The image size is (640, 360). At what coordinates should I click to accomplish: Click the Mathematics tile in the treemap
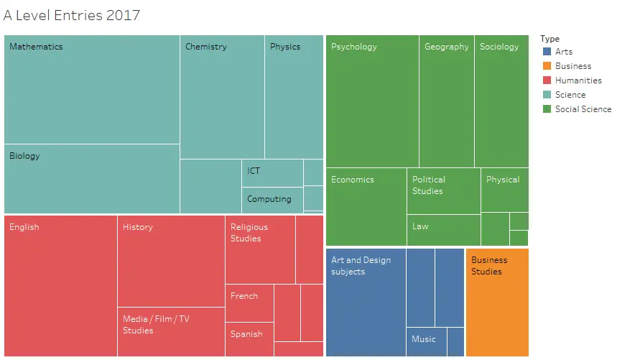[92, 90]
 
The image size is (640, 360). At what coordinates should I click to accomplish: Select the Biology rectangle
[92, 179]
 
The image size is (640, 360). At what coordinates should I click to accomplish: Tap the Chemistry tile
[222, 97]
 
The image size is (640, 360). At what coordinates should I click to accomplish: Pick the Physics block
[294, 97]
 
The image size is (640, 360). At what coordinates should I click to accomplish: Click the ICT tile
[272, 173]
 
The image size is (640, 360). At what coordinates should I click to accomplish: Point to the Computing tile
[272, 200]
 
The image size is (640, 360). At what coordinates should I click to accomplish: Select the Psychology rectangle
[372, 101]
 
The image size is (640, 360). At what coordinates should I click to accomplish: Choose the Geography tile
[446, 101]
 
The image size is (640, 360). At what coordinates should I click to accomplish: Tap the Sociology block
[501, 101]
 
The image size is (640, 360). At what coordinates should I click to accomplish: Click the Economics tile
[366, 207]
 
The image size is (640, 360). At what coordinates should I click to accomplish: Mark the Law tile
[443, 230]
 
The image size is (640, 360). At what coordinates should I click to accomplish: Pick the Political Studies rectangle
[443, 191]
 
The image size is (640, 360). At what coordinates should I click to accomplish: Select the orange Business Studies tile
[497, 302]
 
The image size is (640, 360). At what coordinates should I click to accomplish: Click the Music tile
[427, 341]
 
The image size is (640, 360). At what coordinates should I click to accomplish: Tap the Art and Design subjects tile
[366, 302]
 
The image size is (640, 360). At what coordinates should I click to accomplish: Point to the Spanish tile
[249, 339]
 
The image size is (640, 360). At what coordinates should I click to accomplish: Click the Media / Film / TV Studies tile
[171, 331]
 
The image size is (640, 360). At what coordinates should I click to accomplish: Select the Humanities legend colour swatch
[547, 80]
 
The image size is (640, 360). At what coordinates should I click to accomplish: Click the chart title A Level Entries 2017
[72, 15]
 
